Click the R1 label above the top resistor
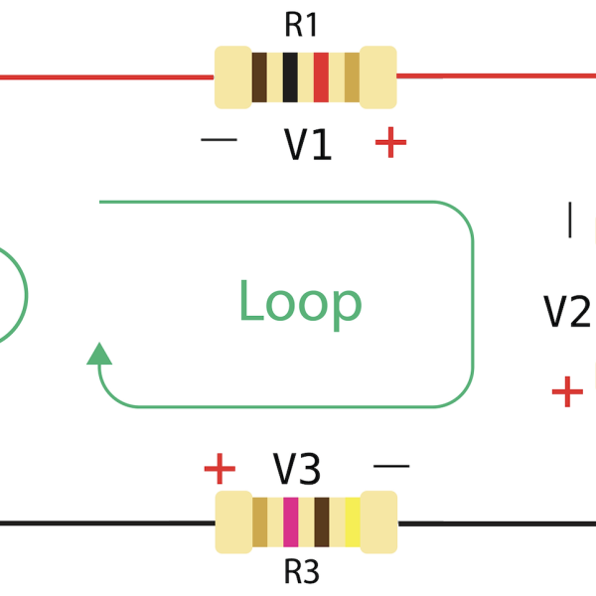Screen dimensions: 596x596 [301, 25]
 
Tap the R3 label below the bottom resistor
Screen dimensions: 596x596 [301, 572]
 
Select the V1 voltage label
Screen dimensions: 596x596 [308, 145]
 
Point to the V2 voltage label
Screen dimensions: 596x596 [567, 312]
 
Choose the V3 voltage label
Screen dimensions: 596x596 [297, 468]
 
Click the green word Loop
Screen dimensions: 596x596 [300, 302]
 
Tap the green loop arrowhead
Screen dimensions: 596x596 [98, 354]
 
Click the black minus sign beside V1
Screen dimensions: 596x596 [219, 140]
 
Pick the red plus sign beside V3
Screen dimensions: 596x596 [220, 468]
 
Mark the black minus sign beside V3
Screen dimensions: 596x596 [390, 464]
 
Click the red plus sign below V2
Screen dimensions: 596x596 [567, 391]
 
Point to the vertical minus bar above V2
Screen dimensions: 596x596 [570, 220]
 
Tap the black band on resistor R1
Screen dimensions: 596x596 [290, 77]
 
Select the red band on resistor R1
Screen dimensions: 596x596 [321, 77]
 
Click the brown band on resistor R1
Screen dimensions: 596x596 [259, 77]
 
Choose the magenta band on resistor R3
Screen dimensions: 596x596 [290, 522]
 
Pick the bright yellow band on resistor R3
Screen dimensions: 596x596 [352, 522]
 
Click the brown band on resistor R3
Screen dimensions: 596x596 [321, 522]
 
